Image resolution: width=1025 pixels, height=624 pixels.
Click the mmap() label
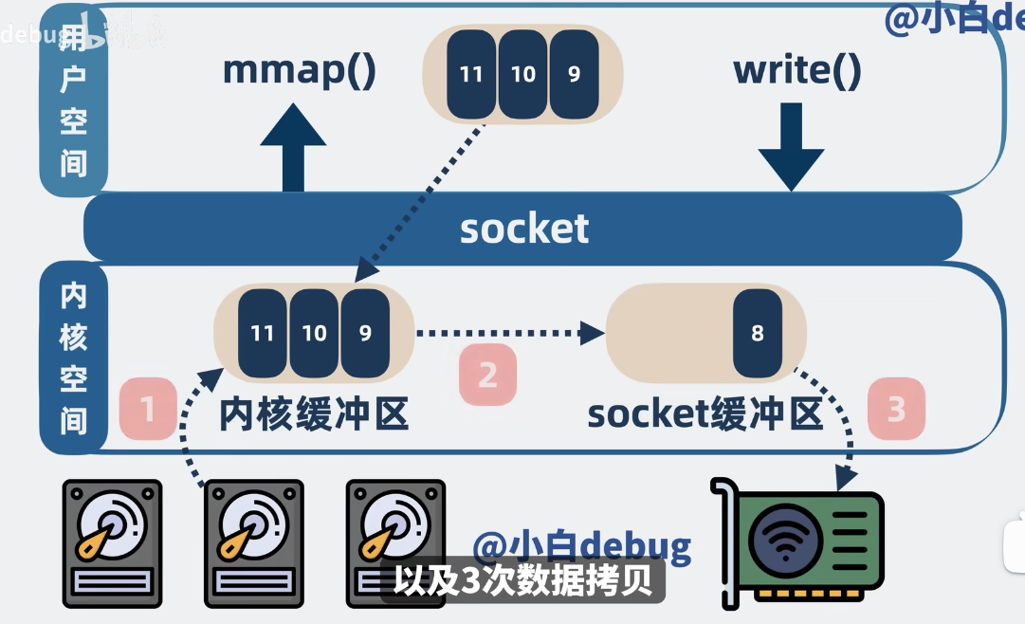pos(300,72)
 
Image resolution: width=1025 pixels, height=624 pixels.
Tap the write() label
pos(796,72)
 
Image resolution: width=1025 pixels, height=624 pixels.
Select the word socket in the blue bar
pos(524,229)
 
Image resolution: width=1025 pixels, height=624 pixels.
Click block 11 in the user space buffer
pos(471,74)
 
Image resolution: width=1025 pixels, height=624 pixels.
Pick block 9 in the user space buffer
pos(574,74)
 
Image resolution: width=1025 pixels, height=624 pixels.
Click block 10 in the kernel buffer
pos(314,333)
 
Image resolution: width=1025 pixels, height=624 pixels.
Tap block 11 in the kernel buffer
pos(262,333)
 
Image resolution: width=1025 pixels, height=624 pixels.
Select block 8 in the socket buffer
pos(757,333)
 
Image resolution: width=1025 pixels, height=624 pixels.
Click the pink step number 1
pos(148,410)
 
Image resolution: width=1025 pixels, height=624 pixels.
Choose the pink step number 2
pos(487,375)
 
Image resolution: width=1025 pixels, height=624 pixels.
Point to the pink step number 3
pos(896,410)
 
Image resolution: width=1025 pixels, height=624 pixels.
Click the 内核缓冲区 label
pos(314,414)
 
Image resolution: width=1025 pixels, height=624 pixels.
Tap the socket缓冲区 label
pos(704,414)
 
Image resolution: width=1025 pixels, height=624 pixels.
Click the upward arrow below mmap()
pos(293,147)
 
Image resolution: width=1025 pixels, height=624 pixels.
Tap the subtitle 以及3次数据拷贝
pos(523,581)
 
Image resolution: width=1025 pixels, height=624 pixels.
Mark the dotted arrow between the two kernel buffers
pos(510,333)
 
